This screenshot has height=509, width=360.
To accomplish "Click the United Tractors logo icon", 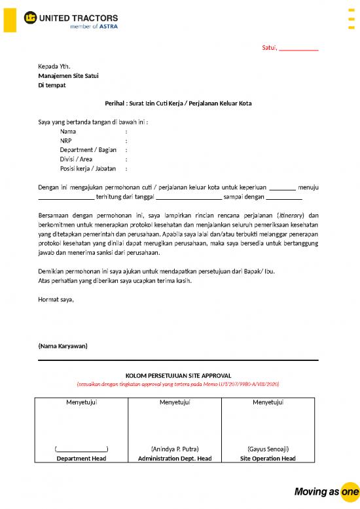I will click(30, 18).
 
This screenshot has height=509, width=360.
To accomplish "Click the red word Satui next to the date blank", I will click(268, 48).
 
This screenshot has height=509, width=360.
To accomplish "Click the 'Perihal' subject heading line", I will click(178, 104).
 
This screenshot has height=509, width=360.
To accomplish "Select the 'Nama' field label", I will click(68, 131).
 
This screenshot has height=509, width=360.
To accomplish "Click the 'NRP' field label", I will click(66, 140).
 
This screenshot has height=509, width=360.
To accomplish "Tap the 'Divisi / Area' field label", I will click(76, 159).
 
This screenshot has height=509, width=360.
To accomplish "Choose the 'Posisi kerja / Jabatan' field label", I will click(88, 168).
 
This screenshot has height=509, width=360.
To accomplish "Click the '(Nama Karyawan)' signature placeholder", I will click(63, 345).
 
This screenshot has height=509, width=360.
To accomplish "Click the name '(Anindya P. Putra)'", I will click(175, 449).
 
